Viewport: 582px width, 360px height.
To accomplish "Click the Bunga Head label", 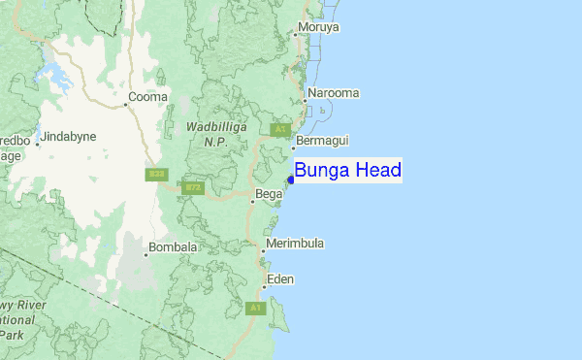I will [x=347, y=171].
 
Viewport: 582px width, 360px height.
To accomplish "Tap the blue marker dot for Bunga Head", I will [x=291, y=179].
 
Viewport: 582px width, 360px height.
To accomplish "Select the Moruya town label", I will [x=319, y=27].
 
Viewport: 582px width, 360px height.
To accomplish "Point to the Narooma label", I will [x=334, y=93].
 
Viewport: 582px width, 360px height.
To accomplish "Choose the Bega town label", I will [x=269, y=195].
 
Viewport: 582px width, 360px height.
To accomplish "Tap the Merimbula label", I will [x=295, y=243].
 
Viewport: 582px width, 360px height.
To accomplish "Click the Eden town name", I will [x=280, y=279].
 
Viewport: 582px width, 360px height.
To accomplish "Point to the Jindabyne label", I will [x=70, y=137].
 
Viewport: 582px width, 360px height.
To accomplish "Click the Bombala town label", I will [x=175, y=247].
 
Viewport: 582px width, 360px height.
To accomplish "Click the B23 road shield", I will [x=156, y=175].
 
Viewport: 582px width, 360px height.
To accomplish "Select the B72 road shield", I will [x=193, y=187].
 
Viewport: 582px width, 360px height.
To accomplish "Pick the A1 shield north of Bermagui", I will [x=281, y=129].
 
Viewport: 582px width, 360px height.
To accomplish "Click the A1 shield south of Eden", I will [x=255, y=308].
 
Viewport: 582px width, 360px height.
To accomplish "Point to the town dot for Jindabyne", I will [x=38, y=144].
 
